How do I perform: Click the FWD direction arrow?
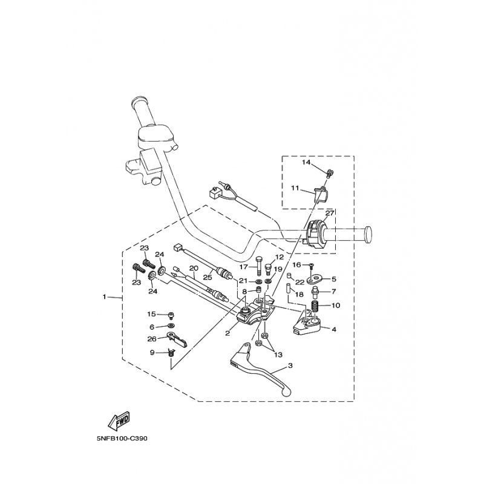(x=119, y=421)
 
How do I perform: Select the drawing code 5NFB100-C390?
(x=122, y=438)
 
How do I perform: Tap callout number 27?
(x=330, y=214)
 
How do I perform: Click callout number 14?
(x=306, y=162)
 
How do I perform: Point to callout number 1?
(x=104, y=296)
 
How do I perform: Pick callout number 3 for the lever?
(x=290, y=366)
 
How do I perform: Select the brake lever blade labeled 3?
(x=261, y=369)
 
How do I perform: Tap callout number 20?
(x=194, y=268)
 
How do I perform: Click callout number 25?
(x=208, y=277)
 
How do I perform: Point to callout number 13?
(x=278, y=355)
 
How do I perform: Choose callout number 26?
(x=152, y=339)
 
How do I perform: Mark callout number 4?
(x=334, y=329)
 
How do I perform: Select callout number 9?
(x=152, y=352)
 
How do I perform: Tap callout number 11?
(x=295, y=188)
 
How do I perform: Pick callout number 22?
(x=300, y=282)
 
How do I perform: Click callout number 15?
(x=152, y=314)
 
